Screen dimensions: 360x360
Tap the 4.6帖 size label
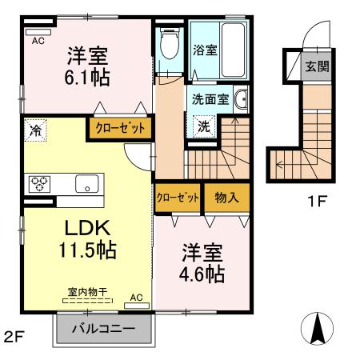(199, 274)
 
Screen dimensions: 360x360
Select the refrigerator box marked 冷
(34, 128)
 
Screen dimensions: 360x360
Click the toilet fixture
(168, 46)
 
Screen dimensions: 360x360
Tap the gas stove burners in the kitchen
(38, 182)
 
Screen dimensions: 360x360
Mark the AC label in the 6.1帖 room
(38, 40)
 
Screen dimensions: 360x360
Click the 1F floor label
(317, 202)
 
